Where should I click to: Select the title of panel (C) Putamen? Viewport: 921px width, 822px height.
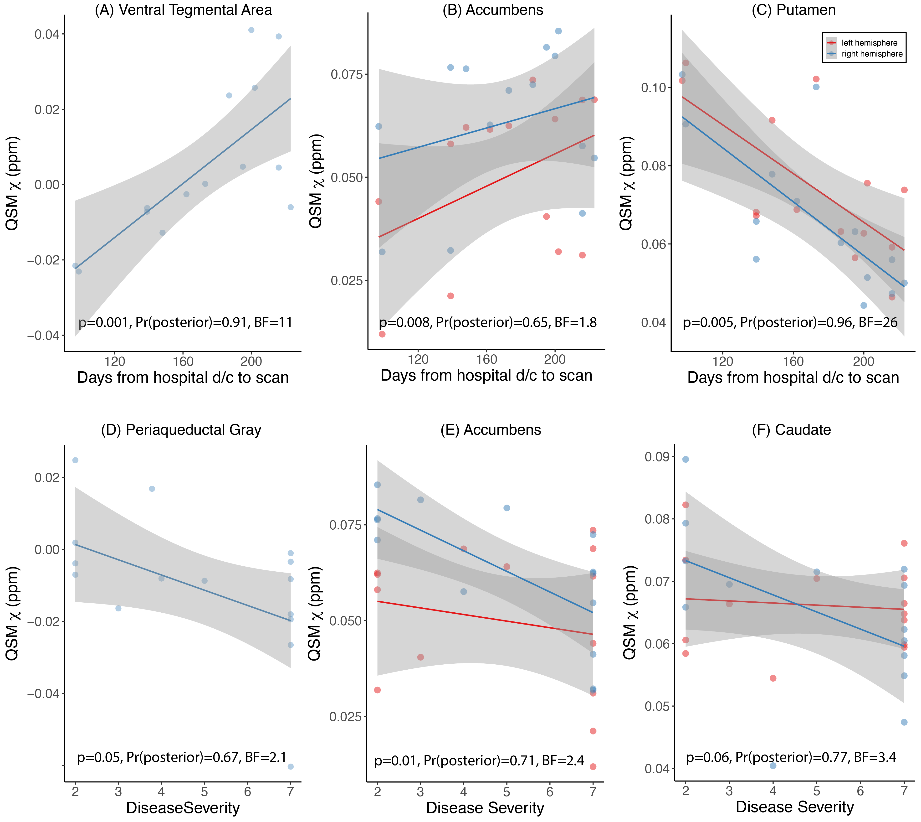793,10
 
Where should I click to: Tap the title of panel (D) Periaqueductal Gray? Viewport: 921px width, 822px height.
181,429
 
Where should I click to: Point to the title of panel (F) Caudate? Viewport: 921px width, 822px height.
791,429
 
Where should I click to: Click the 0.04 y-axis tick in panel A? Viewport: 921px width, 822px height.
46,34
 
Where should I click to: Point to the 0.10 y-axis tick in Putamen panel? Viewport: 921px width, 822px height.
653,88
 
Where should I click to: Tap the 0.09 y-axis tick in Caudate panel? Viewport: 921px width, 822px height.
657,457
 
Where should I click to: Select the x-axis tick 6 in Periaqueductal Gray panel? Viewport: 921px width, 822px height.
247,791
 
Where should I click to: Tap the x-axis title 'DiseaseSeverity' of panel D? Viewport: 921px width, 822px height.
183,807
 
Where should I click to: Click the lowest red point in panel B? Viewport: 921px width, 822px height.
382,334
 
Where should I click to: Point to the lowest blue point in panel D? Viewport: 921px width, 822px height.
291,766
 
